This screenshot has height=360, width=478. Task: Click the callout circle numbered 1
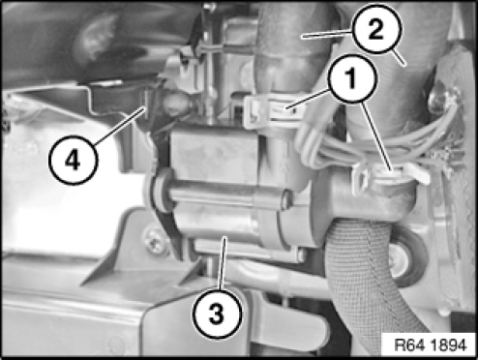[x=352, y=79]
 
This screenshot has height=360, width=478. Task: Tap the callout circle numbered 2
[x=376, y=29]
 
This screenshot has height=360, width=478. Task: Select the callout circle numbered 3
[x=217, y=315]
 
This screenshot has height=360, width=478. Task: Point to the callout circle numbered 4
[x=73, y=161]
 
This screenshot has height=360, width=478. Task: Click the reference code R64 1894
[x=431, y=345]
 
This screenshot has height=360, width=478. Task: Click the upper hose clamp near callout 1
[x=274, y=111]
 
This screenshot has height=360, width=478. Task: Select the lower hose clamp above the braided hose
[x=390, y=177]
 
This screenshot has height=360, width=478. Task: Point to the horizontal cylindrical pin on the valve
[x=225, y=196]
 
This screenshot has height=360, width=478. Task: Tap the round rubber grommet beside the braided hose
[x=407, y=257]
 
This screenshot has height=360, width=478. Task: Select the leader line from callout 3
[x=224, y=263]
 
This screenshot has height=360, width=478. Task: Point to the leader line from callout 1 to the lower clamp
[x=376, y=136]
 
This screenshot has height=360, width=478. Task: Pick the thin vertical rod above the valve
[x=210, y=65]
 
